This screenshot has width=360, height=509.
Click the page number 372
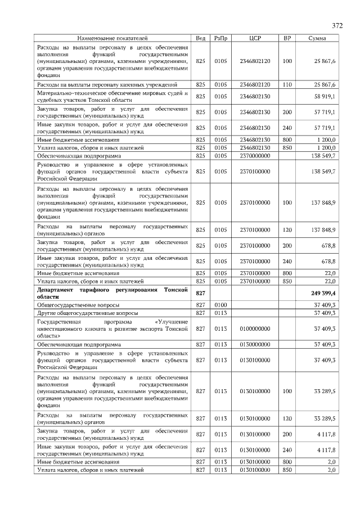[337, 26]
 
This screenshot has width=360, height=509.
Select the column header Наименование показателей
[113, 38]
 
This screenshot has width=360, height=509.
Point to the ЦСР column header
[255, 38]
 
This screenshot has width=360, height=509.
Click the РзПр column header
[220, 38]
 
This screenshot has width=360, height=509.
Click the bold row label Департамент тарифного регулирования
[112, 292]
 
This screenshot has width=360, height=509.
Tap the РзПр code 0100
[220, 304]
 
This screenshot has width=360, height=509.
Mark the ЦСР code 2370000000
[255, 155]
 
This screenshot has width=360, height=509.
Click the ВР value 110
[287, 84]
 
